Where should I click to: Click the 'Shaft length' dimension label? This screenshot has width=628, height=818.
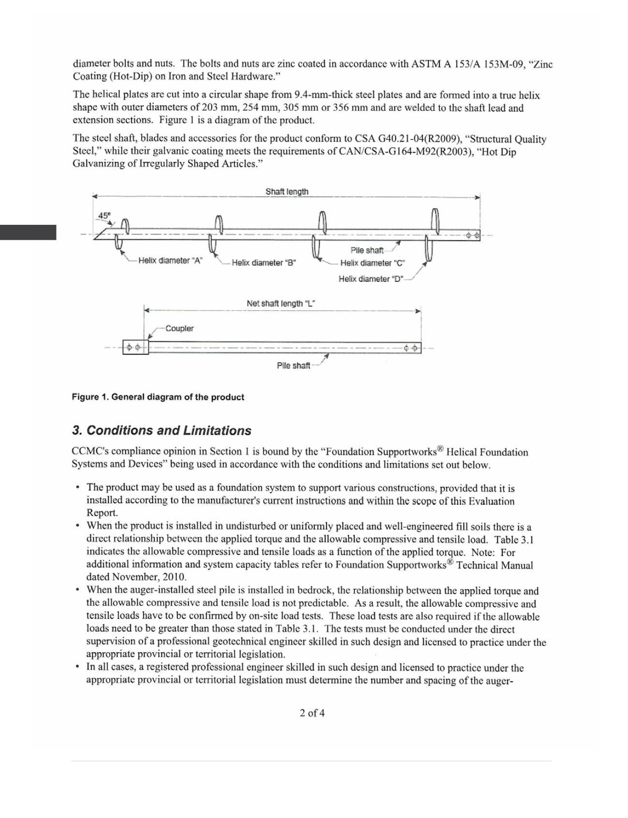[x=287, y=192]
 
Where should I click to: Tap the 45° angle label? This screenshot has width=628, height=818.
[x=104, y=216]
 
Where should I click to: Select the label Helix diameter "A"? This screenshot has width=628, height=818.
[x=170, y=261]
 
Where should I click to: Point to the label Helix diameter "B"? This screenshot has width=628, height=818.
[x=263, y=263]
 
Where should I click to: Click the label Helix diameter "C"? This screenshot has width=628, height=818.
[x=372, y=263]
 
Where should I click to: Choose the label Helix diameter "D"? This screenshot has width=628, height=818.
[x=371, y=279]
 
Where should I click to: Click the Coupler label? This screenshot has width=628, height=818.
[x=179, y=329]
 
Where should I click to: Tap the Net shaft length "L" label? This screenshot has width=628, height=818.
[x=280, y=304]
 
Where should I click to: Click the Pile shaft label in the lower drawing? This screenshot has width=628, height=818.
[x=293, y=366]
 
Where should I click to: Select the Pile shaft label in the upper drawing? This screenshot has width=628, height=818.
[x=366, y=250]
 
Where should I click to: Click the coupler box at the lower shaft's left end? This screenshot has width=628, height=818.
[x=135, y=348]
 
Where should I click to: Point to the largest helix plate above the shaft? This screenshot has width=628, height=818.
[x=435, y=220]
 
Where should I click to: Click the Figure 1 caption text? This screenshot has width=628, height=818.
[x=158, y=397]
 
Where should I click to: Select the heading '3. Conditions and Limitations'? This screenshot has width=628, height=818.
[x=162, y=431]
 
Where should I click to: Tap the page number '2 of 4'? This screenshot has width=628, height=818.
[x=312, y=713]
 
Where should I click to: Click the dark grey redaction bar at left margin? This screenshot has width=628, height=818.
[x=28, y=233]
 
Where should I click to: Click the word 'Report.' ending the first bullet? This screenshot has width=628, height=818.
[x=102, y=513]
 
